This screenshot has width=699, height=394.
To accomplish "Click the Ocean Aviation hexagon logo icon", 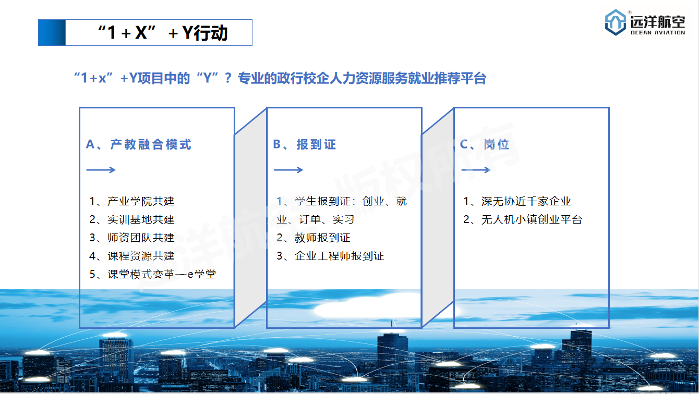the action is (x=615, y=22).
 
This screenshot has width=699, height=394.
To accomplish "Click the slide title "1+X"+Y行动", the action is (x=163, y=33).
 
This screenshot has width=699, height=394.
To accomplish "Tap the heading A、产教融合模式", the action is (x=139, y=144).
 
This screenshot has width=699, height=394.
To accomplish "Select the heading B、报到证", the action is (x=304, y=144).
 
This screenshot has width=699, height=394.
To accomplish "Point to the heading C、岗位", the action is (x=485, y=144).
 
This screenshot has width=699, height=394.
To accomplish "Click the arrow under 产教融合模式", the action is (x=101, y=170).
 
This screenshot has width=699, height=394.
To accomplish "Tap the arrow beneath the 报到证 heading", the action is (x=288, y=170).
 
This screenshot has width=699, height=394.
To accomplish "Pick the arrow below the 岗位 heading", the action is (x=476, y=170).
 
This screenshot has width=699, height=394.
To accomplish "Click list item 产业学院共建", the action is (x=131, y=201).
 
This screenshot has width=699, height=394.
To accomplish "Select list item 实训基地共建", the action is (x=131, y=219).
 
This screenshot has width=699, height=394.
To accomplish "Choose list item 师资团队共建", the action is (x=131, y=238).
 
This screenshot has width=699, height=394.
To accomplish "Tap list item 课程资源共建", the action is (x=131, y=256).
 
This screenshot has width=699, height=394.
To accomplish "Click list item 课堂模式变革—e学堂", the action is (x=153, y=274).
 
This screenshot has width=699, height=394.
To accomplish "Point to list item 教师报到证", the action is (x=314, y=238).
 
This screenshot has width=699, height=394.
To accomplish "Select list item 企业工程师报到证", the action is (x=330, y=256).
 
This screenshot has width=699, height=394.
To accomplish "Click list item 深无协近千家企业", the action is (x=517, y=201).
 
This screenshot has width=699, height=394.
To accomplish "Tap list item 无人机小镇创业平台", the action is (x=523, y=219).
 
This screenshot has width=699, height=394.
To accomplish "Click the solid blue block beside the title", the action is (x=52, y=33).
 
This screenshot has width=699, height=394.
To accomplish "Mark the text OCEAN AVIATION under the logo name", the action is (x=658, y=32).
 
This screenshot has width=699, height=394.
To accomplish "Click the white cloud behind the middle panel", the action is (x=368, y=307).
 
